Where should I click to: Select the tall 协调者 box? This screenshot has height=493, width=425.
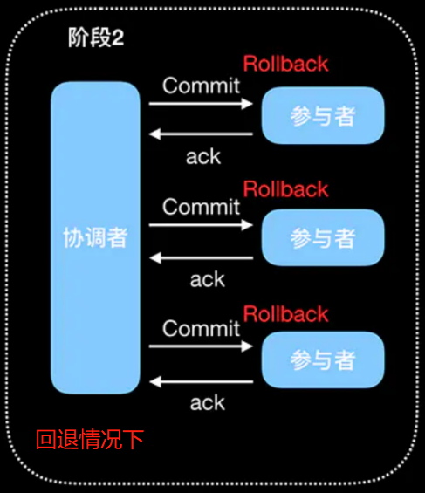95,237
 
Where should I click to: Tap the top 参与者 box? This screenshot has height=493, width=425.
323,116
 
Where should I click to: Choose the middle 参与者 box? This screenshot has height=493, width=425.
323,237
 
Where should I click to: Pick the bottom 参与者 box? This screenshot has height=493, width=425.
323,359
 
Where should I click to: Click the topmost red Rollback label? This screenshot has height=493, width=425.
285,64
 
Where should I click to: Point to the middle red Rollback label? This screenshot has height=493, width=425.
285,189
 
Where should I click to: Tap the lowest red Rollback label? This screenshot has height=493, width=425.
285,314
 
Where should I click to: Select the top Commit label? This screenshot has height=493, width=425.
201,86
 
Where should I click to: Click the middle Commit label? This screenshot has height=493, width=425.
201,207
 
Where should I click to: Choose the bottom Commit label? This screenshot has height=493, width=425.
201,329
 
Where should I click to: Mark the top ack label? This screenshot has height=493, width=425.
204,157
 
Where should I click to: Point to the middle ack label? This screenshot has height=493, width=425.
208,279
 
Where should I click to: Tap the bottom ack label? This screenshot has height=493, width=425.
208,402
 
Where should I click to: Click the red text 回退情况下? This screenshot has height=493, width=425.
89,439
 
